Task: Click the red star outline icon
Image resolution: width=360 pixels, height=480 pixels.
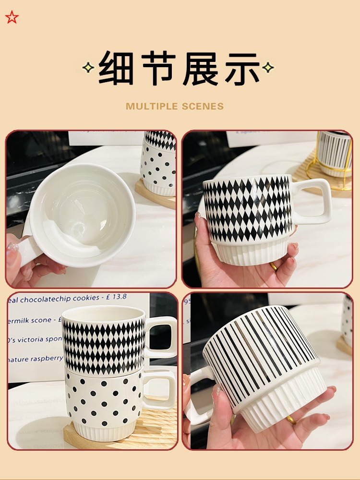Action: click(12, 17)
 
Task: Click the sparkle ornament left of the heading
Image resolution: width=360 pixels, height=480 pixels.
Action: click(88, 68)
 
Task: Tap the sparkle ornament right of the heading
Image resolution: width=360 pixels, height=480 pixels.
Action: click(268, 68)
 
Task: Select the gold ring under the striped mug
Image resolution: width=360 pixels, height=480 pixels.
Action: click(291, 420)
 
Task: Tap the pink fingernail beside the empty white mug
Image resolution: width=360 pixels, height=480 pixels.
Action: click(13, 248)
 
